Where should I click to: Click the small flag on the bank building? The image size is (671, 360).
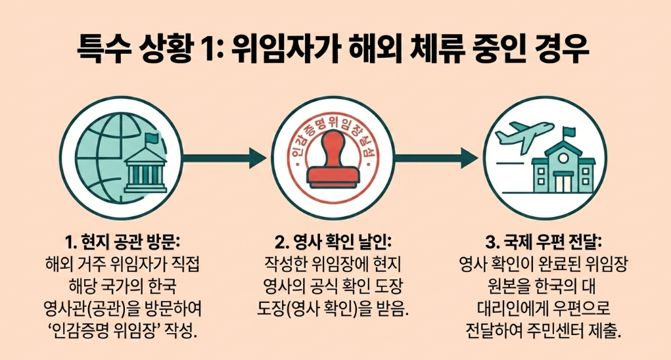[x=152, y=139]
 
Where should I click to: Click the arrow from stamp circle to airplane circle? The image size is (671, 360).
[x=437, y=158]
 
